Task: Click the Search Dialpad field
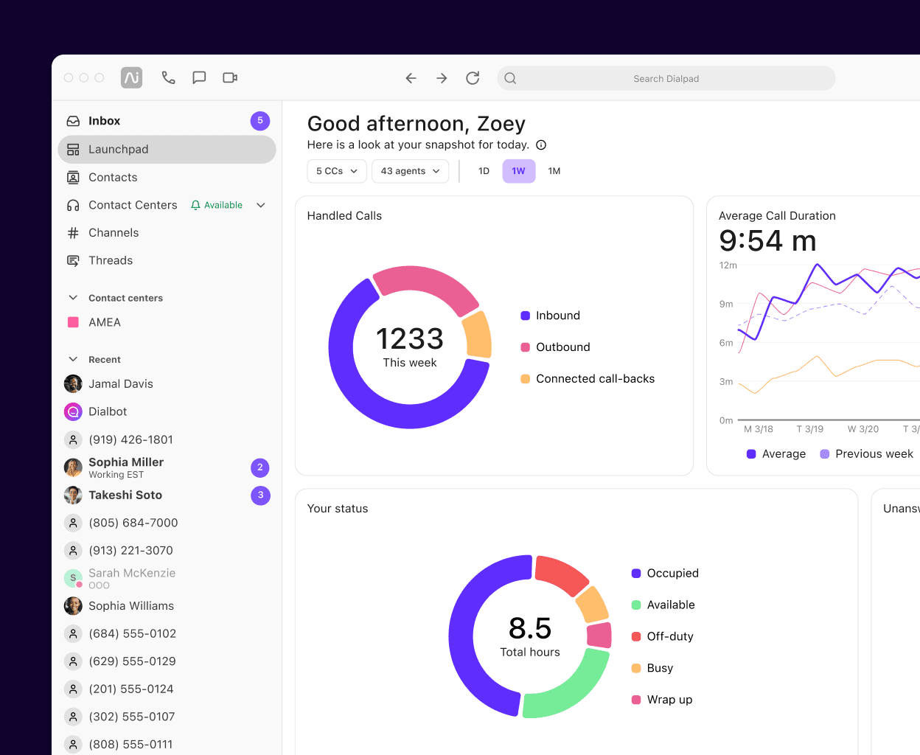pyautogui.click(x=666, y=78)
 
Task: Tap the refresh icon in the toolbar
pyautogui.click(x=473, y=78)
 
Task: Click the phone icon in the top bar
pyautogui.click(x=168, y=77)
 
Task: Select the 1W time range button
pyautogui.click(x=518, y=171)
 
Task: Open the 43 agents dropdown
pyautogui.click(x=410, y=171)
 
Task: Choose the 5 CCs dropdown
pyautogui.click(x=336, y=171)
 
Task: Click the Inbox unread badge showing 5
pyautogui.click(x=259, y=121)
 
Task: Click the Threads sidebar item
pyautogui.click(x=111, y=261)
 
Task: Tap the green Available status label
pyautogui.click(x=217, y=205)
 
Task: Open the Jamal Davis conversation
pyautogui.click(x=121, y=384)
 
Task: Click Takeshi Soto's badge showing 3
pyautogui.click(x=260, y=495)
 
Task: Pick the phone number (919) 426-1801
pyautogui.click(x=130, y=439)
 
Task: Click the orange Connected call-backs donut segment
pyautogui.click(x=478, y=335)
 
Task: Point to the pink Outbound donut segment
pyautogui.click(x=426, y=286)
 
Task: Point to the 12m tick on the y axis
pyautogui.click(x=728, y=265)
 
